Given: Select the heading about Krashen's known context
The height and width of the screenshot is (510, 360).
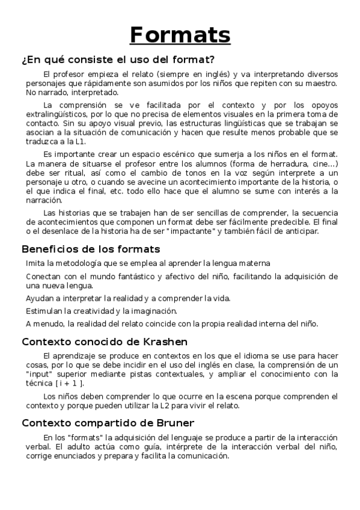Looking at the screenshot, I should tap(105, 342).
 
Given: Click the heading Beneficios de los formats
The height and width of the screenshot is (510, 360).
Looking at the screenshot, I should tap(91, 249).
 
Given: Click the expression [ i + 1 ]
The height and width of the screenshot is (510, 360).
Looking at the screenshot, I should tap(70, 383).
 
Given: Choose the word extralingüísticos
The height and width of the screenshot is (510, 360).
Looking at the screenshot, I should tap(58, 114).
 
